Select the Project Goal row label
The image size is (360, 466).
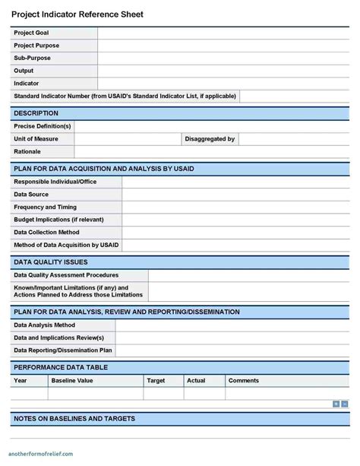(31, 33)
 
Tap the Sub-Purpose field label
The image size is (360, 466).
(32, 58)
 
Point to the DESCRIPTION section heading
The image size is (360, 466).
(36, 113)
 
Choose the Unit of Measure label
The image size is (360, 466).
(36, 139)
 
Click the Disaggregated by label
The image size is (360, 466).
(210, 139)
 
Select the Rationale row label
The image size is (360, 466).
(27, 151)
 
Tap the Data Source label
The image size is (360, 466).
(31, 195)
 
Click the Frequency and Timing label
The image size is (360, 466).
(45, 207)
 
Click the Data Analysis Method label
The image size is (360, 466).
(44, 325)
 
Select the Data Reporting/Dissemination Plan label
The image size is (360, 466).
(63, 350)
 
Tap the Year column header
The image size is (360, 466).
(21, 380)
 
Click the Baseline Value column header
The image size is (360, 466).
(72, 380)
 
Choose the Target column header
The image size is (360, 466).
(156, 380)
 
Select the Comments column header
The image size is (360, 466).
(244, 380)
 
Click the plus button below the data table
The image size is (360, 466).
(336, 404)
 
